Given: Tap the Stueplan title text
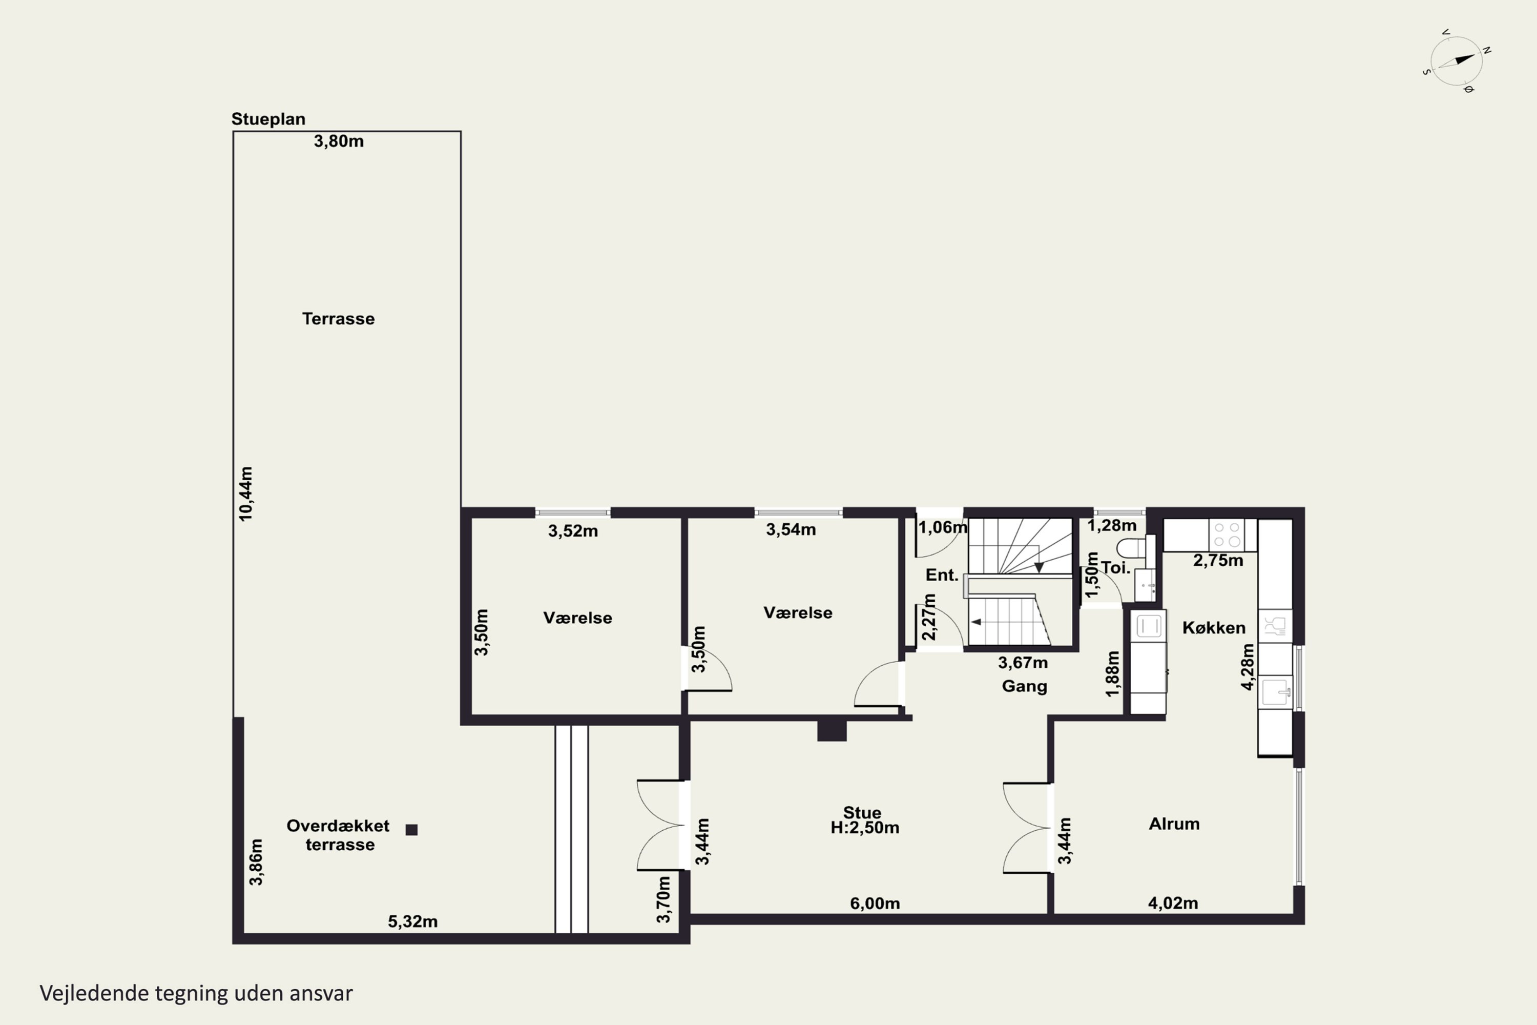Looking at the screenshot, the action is click(268, 119).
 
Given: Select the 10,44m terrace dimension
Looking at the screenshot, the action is click(246, 494).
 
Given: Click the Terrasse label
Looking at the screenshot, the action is click(339, 319).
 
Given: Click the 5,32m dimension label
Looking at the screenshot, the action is click(413, 921).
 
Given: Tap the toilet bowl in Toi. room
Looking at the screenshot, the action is click(1131, 548).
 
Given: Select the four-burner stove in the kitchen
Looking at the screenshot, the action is click(1227, 535).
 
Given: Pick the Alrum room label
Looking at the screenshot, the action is click(1174, 824).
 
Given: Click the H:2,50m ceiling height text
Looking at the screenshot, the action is click(865, 828).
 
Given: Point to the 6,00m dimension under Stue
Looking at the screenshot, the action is click(875, 904).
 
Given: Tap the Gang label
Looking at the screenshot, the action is click(1025, 686).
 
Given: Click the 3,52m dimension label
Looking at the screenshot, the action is click(573, 531).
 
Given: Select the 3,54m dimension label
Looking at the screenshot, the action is click(791, 529).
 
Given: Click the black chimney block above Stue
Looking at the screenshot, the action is click(832, 730).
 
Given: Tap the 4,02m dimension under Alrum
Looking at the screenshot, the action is click(1173, 904).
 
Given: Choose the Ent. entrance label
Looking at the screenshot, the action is click(942, 575).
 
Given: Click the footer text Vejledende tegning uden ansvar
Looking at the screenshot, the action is click(196, 993).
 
